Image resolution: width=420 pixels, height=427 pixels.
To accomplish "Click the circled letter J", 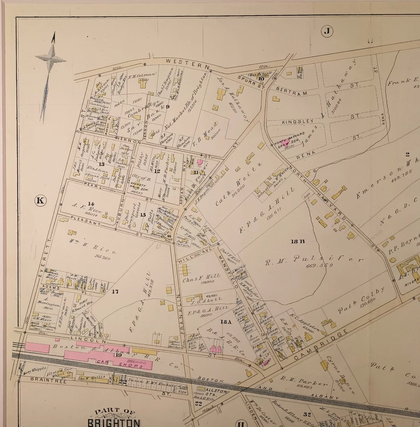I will click(327, 31).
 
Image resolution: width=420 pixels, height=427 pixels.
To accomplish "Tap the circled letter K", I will click(40, 201).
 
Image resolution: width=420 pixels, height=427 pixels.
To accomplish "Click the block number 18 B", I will click(298, 242).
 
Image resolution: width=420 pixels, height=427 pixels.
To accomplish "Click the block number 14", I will click(78, 203).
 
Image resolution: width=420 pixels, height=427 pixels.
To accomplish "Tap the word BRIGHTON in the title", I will click(114, 422).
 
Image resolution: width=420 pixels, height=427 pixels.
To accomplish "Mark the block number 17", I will click(115, 291).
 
